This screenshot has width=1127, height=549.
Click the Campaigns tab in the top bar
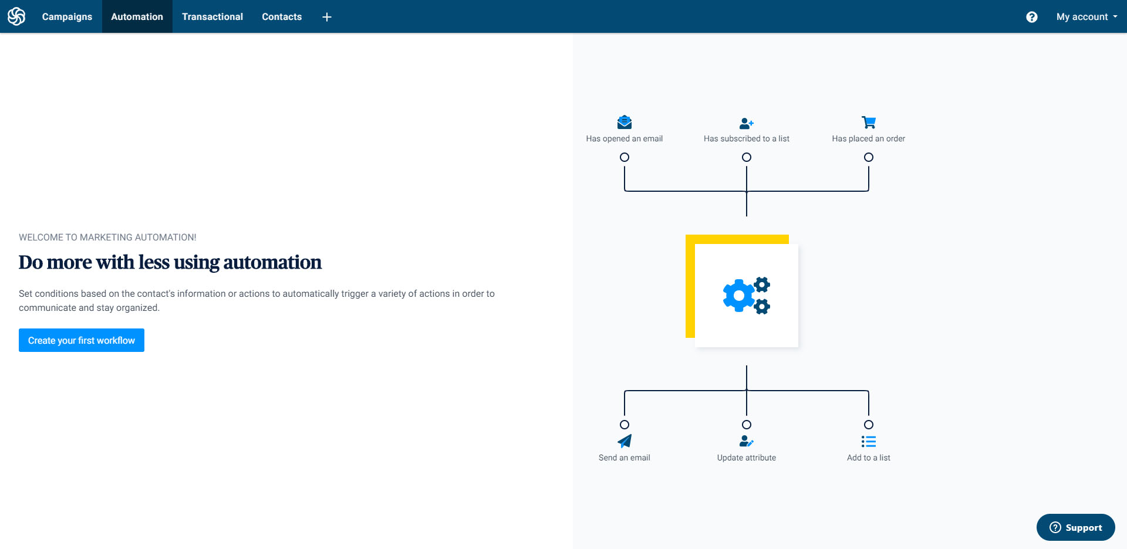point(67,16)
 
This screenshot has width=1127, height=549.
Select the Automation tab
point(137,16)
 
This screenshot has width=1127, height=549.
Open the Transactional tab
point(212,16)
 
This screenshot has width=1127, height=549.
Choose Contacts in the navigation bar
point(282,16)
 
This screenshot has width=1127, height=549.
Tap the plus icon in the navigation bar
point(327,17)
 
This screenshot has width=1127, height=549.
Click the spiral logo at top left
point(16,16)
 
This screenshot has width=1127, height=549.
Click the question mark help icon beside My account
point(1031,17)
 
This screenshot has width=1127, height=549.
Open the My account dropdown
point(1086,17)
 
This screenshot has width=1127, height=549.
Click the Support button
point(1075,527)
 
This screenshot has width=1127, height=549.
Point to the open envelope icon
point(625,122)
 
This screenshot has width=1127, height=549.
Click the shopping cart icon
point(869,122)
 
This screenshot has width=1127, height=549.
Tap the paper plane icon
point(625,441)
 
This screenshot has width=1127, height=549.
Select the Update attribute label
point(747,457)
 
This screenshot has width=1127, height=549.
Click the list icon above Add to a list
point(869,441)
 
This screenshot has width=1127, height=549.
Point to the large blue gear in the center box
point(738,295)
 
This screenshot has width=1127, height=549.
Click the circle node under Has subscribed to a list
point(747,157)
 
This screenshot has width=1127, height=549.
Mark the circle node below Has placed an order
point(869,157)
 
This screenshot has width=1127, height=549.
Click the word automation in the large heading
point(272,262)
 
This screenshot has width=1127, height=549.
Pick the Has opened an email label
point(625,138)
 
